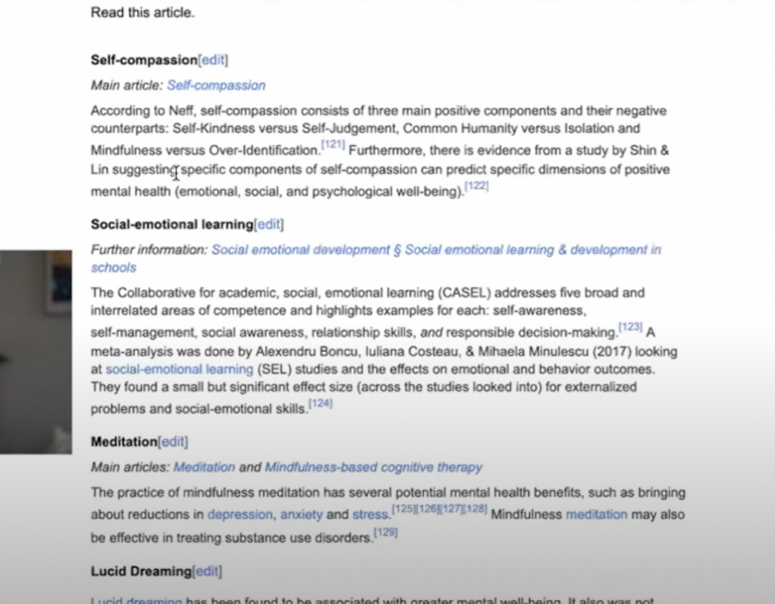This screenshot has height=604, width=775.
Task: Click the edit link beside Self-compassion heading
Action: pos(213,60)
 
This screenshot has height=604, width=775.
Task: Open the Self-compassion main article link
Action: pos(216,85)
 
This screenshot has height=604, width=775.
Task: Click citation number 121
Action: pos(333,145)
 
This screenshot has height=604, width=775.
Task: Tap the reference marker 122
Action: pos(476,186)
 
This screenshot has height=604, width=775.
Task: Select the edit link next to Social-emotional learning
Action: pos(269,225)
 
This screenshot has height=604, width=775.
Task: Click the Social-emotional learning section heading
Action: pos(172,225)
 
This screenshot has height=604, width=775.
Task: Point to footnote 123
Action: pos(630,327)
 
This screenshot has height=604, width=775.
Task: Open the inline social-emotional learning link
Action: pos(179,369)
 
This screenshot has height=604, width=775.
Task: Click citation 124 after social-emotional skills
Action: pos(320,404)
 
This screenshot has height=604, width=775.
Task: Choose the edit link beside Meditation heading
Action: pos(173,442)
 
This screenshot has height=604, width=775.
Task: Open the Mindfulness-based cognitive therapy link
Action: pos(373,467)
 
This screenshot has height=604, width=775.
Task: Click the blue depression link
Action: pos(240,515)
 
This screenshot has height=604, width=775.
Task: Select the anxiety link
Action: pos(301,515)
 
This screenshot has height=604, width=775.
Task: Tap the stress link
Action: pos(370,515)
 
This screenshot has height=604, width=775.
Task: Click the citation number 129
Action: pos(385,533)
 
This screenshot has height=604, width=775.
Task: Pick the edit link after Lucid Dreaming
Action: pos(207,572)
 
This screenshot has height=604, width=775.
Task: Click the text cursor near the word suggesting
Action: pos(176,173)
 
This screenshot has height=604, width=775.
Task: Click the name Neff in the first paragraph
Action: pos(181,111)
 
